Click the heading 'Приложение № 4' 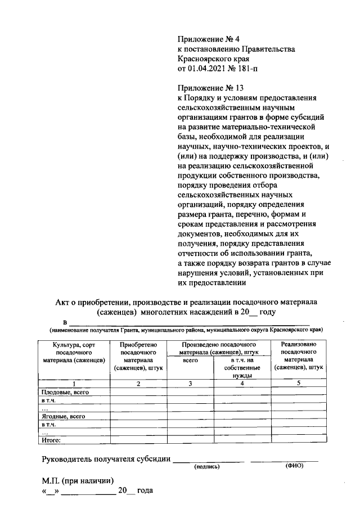[x=208, y=39]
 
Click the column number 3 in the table [x=191, y=384]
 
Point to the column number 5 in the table [x=299, y=384]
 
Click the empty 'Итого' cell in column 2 [x=138, y=442]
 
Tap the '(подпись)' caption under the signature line [x=207, y=467]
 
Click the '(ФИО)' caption [x=295, y=467]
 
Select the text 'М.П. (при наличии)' [x=78, y=481]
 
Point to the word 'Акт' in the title [x=63, y=303]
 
